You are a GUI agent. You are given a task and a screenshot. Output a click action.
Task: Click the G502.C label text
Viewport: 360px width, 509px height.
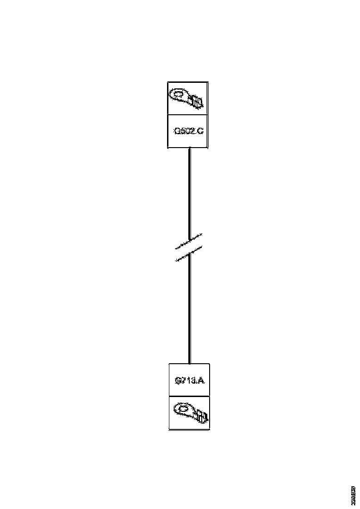coord(188,131)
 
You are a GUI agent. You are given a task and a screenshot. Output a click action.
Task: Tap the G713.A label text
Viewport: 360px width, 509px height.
coord(190,381)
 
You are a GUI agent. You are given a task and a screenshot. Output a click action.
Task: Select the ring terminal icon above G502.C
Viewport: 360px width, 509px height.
coord(187,99)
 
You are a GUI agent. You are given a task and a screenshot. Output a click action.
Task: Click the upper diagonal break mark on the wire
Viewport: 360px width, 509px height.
coord(189,241)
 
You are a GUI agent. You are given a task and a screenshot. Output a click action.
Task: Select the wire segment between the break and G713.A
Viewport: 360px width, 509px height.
coord(189,310)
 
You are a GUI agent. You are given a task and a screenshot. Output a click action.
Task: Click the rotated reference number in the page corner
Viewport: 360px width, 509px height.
coord(353,496)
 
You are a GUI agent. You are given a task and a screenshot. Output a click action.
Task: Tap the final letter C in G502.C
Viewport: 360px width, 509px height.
coord(200,131)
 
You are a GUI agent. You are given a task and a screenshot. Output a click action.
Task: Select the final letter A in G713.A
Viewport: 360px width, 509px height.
coord(202,381)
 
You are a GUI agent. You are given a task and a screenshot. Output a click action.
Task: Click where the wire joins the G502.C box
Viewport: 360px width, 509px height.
coord(189,149)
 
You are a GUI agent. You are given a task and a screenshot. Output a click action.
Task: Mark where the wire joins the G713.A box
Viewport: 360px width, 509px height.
coord(189,364)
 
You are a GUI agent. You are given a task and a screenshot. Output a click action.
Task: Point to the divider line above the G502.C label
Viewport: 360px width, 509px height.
coord(187,115)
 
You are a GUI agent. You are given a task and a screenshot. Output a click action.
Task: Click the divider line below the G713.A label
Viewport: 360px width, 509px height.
coord(189,396)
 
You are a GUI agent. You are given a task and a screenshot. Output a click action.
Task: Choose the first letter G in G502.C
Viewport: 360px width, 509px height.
coord(176,131)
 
